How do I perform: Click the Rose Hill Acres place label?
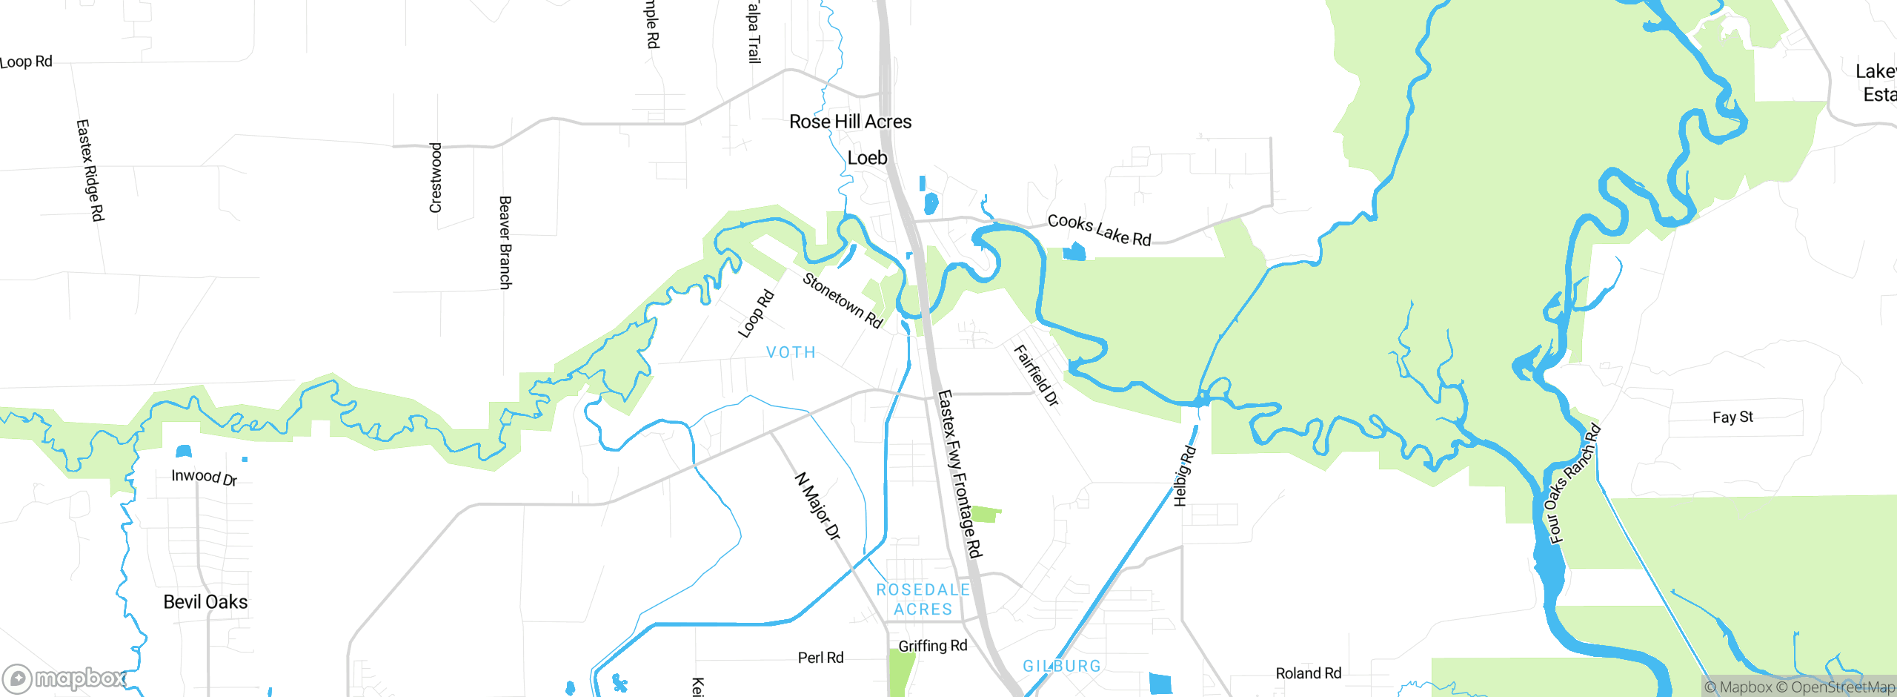click(850, 122)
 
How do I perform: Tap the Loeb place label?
click(867, 158)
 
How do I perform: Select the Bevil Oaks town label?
click(205, 602)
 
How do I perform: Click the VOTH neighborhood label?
click(791, 352)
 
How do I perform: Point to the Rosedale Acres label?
click(923, 599)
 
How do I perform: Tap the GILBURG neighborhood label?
click(1061, 666)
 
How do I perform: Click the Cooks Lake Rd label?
click(1099, 230)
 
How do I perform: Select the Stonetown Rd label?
click(843, 300)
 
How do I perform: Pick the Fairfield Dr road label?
click(1036, 375)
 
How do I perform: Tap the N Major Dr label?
click(817, 506)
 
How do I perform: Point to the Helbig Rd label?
click(1184, 475)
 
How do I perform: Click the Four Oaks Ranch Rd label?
click(1574, 483)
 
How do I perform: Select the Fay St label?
click(1732, 417)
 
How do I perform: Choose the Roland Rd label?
click(1308, 673)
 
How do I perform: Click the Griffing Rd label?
click(932, 646)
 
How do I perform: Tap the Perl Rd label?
click(820, 658)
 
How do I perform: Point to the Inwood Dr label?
click(204, 477)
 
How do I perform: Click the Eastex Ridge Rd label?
click(90, 170)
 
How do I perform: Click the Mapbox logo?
click(64, 678)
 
